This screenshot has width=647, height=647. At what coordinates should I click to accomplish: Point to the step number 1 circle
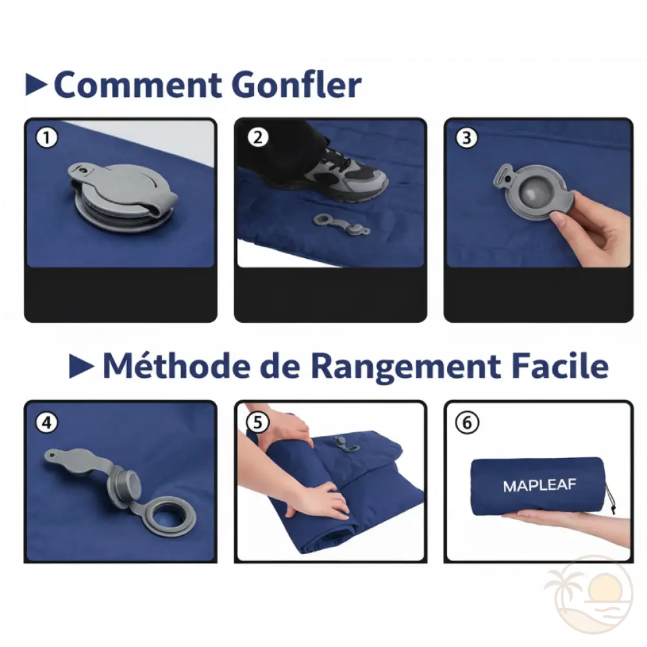[47, 138]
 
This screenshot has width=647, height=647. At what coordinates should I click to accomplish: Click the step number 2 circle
[258, 138]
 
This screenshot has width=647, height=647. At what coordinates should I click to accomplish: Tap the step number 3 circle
[467, 138]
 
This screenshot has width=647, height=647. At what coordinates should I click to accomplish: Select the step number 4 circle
[47, 422]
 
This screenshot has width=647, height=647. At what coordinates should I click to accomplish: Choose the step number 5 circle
[258, 422]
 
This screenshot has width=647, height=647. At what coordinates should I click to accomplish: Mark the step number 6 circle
[467, 422]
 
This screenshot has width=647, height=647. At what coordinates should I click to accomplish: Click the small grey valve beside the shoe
[340, 223]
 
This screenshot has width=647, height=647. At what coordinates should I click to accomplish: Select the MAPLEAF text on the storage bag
[540, 485]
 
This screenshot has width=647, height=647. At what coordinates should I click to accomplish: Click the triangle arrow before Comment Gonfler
[36, 84]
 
